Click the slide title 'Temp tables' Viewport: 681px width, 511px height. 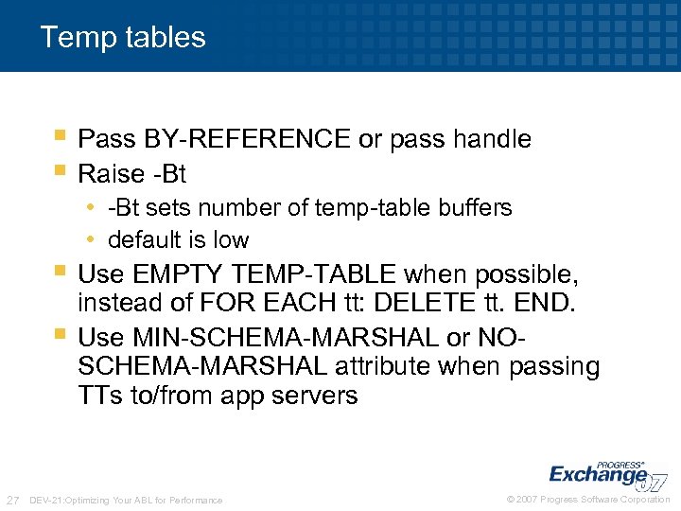(123, 37)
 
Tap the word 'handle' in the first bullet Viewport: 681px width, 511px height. (492, 139)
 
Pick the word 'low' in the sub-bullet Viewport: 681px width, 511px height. (232, 239)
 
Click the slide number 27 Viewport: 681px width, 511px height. (13, 499)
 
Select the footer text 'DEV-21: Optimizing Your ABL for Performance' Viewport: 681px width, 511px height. (127, 500)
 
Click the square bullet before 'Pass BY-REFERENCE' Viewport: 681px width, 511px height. (61, 137)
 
